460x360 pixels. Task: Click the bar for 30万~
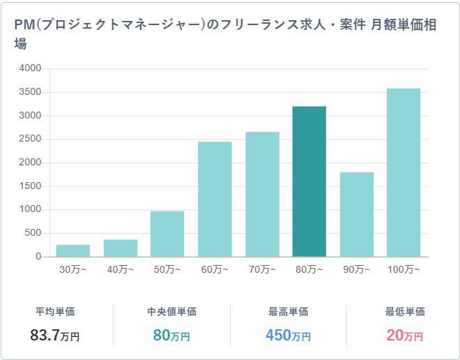[x=72, y=250]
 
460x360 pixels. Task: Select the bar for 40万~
[x=121, y=248]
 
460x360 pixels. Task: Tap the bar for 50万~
[x=167, y=234]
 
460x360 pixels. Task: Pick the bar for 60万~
[x=215, y=200]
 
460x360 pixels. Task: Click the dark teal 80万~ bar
[x=309, y=181]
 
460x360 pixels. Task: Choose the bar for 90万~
[x=357, y=214]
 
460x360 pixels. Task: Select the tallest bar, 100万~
[x=404, y=172]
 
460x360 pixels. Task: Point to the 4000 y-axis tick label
[x=31, y=68]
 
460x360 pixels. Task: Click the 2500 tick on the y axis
[x=31, y=139]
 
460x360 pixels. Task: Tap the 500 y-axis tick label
[x=33, y=233]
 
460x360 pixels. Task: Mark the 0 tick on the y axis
[x=38, y=257]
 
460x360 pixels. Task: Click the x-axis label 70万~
[x=262, y=270]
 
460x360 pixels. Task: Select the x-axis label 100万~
[x=404, y=270]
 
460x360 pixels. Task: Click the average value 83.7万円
[x=55, y=336]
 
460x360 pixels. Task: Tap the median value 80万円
[x=171, y=336]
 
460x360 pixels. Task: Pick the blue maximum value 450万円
[x=288, y=336]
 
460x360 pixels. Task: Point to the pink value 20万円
[x=404, y=336]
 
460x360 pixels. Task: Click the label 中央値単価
[x=171, y=312]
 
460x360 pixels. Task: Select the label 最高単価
[x=288, y=312]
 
